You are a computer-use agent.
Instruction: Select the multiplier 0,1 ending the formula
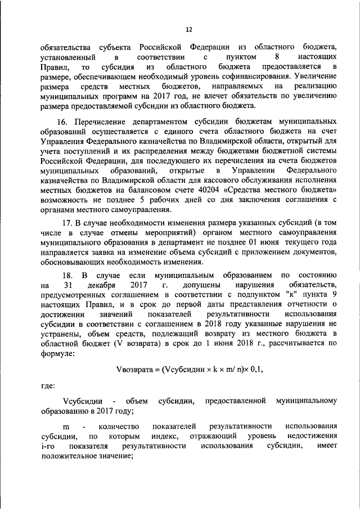pyautogui.click(x=254, y=370)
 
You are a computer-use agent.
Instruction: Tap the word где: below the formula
pyautogui.click(x=48, y=386)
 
